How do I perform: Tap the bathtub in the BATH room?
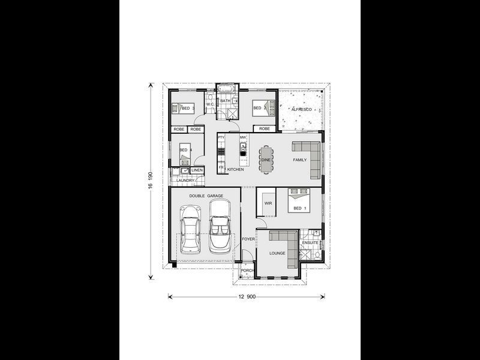tap(226, 92)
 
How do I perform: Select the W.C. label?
tap(210, 105)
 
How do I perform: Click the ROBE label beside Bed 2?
tap(263, 129)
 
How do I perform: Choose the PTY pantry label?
tap(221, 137)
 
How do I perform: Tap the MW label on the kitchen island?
tap(243, 137)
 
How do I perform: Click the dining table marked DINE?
tap(265, 160)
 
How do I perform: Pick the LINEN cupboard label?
tap(197, 170)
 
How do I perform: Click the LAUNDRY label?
tap(185, 180)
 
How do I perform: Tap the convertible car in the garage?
tap(220, 227)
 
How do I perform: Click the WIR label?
tap(268, 203)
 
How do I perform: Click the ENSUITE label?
tap(310, 242)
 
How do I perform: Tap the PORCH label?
tap(247, 271)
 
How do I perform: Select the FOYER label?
tap(248, 239)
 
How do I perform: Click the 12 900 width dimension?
tap(247, 296)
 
